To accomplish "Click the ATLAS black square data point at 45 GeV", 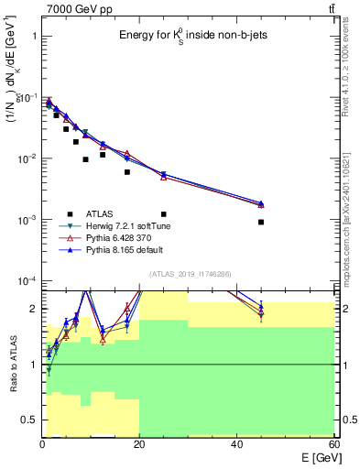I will pos(261,222).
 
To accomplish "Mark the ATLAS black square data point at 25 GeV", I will pos(164,189).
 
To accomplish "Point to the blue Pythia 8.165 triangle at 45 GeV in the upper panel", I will pos(261,203).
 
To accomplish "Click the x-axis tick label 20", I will pos(139,444).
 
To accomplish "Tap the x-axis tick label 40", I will pos(236,444).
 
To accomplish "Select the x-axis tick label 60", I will pos(333,444).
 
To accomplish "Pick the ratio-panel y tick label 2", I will pos(32,309).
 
